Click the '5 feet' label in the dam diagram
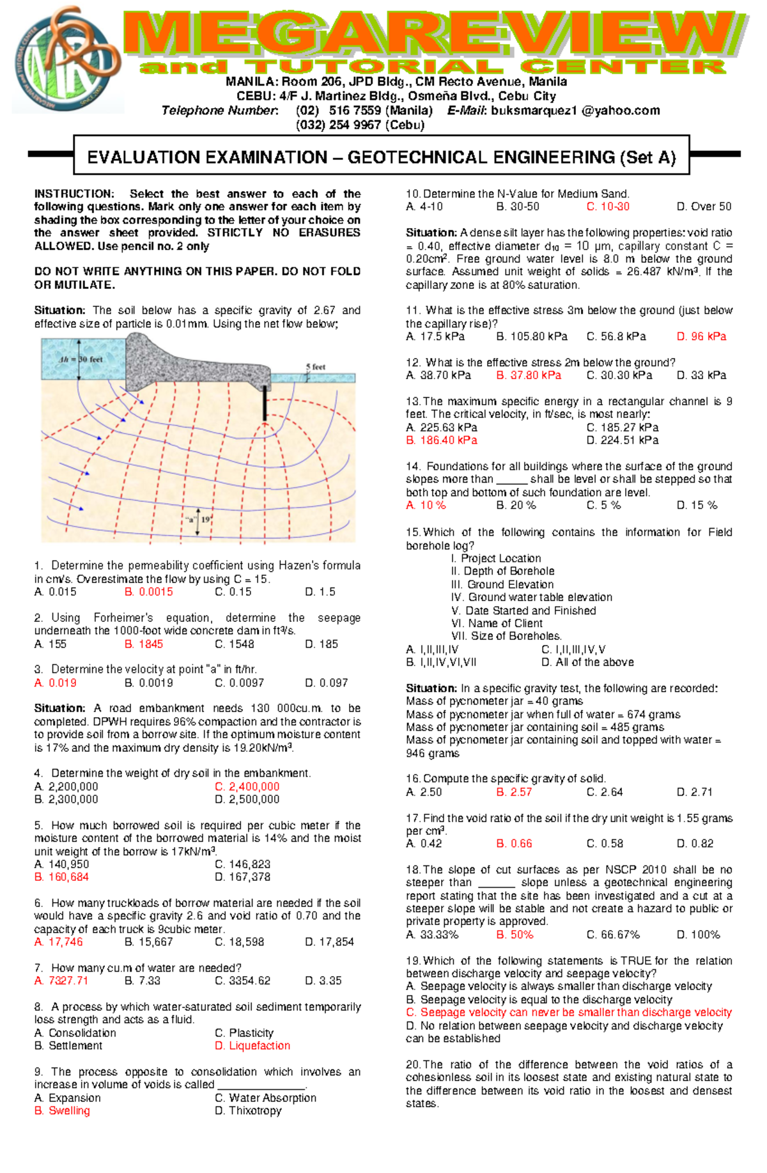click(x=315, y=367)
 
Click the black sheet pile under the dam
click(x=265, y=403)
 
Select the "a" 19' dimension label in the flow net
click(x=198, y=520)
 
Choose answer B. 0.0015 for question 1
click(x=149, y=592)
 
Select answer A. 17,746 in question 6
click(x=58, y=942)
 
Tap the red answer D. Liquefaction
click(x=252, y=1046)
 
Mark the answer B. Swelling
click(x=62, y=1110)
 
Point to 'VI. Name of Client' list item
click(x=497, y=623)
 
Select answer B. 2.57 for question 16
click(x=514, y=792)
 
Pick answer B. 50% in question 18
click(x=515, y=935)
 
